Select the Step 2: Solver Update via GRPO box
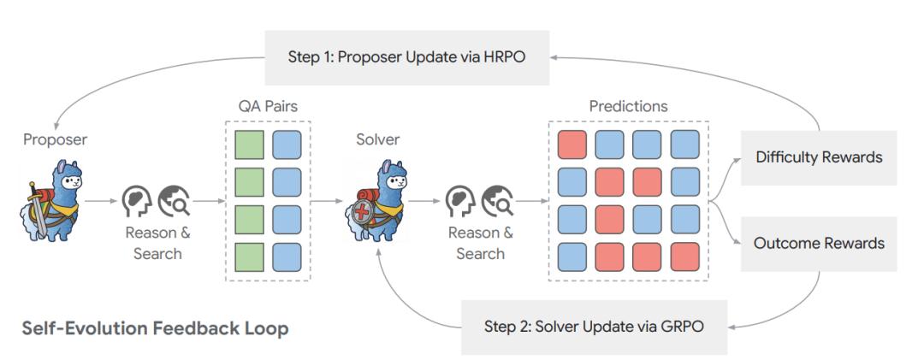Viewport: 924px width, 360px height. point(595,326)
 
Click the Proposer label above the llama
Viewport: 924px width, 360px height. point(55,139)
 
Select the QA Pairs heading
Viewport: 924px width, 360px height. point(268,107)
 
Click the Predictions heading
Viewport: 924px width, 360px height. point(629,107)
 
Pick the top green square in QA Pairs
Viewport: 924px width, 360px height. point(250,145)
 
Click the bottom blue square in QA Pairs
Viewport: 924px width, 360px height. point(287,256)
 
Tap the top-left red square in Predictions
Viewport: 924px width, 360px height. point(572,145)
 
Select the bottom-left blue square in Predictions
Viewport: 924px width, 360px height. point(572,257)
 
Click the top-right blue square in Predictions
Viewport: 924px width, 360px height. point(684,145)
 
